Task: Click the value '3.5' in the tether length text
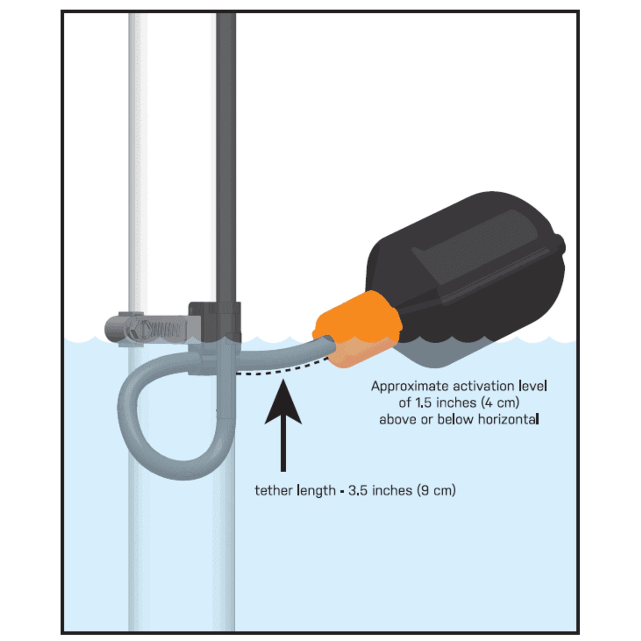(358, 490)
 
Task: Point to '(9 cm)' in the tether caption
(436, 490)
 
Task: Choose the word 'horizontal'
(508, 419)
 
